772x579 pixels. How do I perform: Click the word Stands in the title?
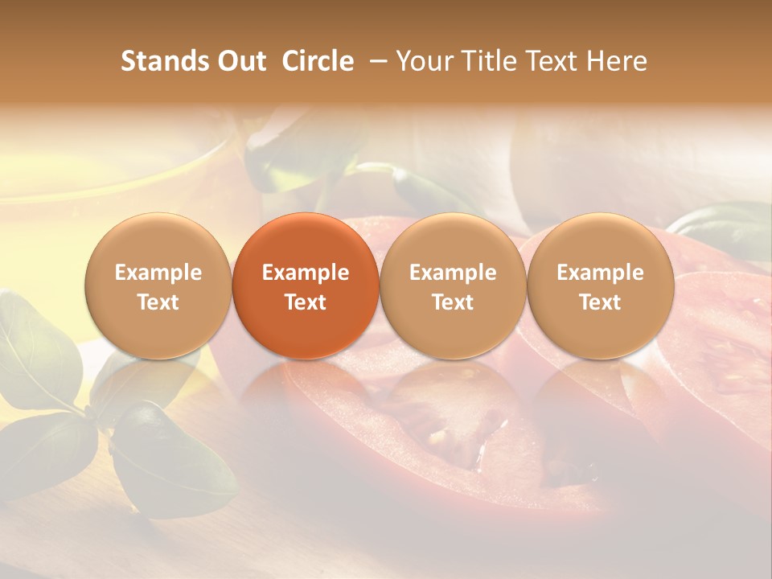(163, 62)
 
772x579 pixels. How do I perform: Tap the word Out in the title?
(240, 62)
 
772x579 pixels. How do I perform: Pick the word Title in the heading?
(489, 62)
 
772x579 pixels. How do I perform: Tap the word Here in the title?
(617, 62)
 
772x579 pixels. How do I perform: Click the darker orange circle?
(306, 286)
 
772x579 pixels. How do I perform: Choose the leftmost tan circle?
(158, 286)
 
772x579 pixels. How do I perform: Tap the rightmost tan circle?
(600, 286)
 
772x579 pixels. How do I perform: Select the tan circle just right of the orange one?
(453, 286)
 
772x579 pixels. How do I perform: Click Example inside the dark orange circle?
(306, 273)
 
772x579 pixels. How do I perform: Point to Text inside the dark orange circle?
(306, 302)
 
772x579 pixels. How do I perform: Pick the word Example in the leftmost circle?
(158, 273)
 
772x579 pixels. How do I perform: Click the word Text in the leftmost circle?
(158, 302)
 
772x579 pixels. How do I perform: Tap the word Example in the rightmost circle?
(600, 273)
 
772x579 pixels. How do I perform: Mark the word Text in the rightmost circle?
(600, 302)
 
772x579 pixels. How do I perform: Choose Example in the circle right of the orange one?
(453, 273)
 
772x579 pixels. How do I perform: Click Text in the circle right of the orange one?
(453, 302)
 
